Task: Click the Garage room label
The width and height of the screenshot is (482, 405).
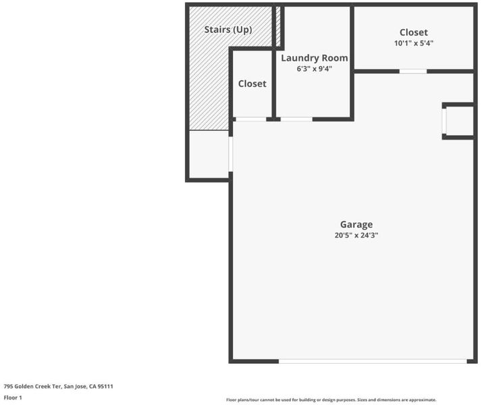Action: coord(356,225)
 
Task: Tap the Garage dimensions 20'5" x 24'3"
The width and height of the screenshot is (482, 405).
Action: coord(356,236)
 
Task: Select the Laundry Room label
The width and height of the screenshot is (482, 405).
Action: coord(314,58)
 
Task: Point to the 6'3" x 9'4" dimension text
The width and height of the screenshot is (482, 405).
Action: coord(314,69)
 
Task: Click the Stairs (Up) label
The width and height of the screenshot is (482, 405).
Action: coord(228,30)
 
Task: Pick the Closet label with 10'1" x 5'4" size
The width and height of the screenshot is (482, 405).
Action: coord(413,32)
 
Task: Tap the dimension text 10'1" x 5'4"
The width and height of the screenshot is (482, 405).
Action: coord(413,43)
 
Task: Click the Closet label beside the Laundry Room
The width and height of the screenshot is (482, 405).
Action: coord(252,84)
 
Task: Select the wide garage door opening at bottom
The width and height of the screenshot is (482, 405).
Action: coord(373,361)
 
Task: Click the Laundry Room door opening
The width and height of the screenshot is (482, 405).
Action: coord(296,119)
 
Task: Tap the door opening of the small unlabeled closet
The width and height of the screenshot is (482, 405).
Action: coord(251,119)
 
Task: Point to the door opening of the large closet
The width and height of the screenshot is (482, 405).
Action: coord(413,72)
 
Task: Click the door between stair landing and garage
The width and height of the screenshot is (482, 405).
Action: coord(231,155)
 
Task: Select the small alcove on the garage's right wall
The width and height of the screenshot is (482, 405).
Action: coord(459,121)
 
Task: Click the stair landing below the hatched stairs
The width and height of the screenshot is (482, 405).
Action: coord(209,155)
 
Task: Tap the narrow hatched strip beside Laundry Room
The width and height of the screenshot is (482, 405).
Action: coord(278,26)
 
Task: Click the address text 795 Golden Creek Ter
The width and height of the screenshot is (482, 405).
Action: coord(32,387)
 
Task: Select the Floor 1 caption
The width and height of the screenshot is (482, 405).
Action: coord(13,398)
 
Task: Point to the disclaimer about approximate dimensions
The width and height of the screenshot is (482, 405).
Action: coord(331,400)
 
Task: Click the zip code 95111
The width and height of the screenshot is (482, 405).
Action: coord(105,387)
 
